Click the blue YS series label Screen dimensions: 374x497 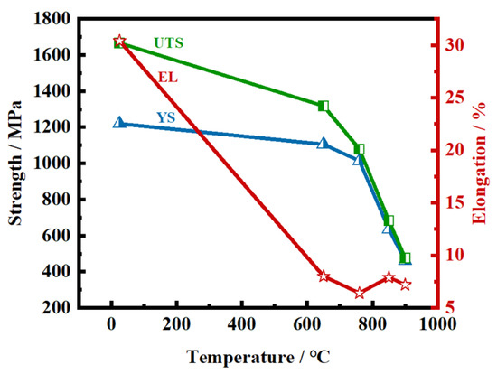tap(166, 117)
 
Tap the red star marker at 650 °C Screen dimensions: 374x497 tap(324, 276)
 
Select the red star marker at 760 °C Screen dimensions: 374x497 tap(360, 293)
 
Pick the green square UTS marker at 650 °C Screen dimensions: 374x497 tap(324, 106)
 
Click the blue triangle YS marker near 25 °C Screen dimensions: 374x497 tap(119, 122)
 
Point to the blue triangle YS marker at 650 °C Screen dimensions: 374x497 tap(324, 143)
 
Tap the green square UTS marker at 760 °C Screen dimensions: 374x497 tap(360, 149)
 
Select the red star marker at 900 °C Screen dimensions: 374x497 tap(406, 285)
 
